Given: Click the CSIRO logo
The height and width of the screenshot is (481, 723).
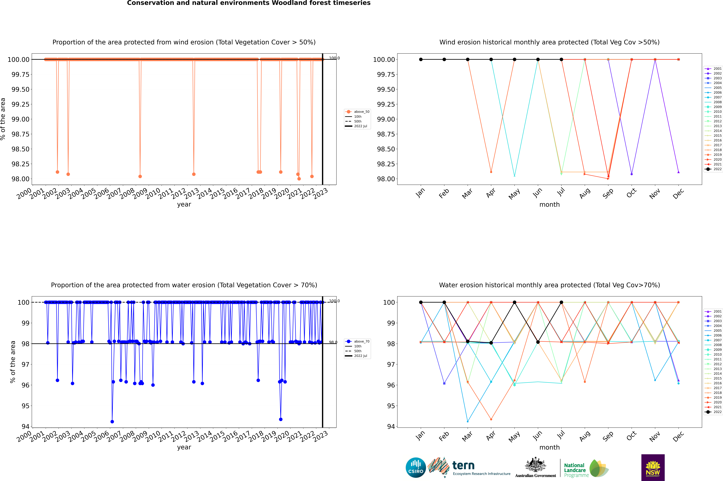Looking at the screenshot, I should point(416,468).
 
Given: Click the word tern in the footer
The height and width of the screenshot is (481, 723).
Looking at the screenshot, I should point(463,466).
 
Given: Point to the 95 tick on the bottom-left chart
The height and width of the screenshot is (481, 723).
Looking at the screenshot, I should point(25,406).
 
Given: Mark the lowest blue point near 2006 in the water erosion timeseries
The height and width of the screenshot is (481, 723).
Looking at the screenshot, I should point(112,421).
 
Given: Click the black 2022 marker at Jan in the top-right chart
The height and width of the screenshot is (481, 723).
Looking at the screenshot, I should point(421,60).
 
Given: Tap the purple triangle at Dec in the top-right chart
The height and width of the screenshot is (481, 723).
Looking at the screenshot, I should point(678,172).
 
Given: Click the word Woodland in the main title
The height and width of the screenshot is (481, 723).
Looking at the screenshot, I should point(292,3).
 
